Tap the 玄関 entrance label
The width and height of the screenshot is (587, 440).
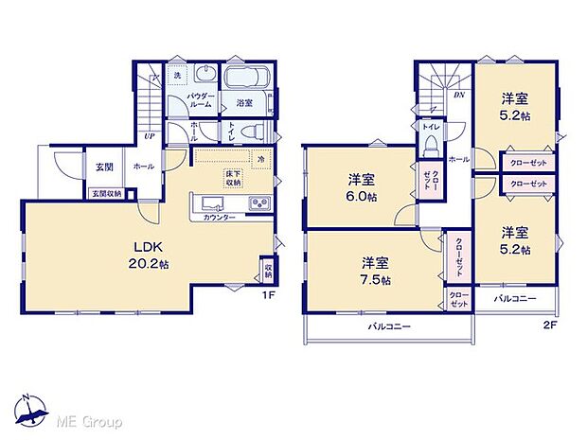click(x=103, y=167)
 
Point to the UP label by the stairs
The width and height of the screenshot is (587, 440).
click(x=149, y=135)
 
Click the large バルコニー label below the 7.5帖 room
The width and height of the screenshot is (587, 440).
click(x=389, y=326)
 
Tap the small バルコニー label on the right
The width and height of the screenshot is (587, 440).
click(x=516, y=299)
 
